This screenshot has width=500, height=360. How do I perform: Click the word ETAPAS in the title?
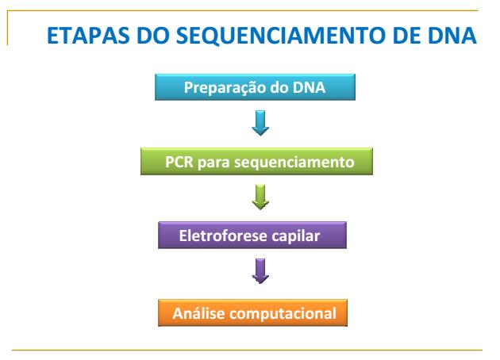[x=88, y=35]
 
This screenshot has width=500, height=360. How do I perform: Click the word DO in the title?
[x=152, y=35]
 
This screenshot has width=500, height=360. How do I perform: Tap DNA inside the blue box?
[x=309, y=87]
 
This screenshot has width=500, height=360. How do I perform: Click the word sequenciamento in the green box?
[x=294, y=163]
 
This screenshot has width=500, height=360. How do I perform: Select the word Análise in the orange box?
[x=198, y=313]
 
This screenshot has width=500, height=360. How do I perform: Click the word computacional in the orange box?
[x=283, y=314]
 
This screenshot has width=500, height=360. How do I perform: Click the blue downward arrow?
[x=260, y=123]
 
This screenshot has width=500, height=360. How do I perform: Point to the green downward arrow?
[x=260, y=197]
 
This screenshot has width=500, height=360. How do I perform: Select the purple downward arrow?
[x=260, y=271]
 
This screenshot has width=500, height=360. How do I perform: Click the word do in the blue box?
[x=279, y=87]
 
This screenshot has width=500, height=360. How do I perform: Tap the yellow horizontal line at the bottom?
[x=247, y=350]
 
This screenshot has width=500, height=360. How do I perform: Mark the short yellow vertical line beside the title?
[x=7, y=28]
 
